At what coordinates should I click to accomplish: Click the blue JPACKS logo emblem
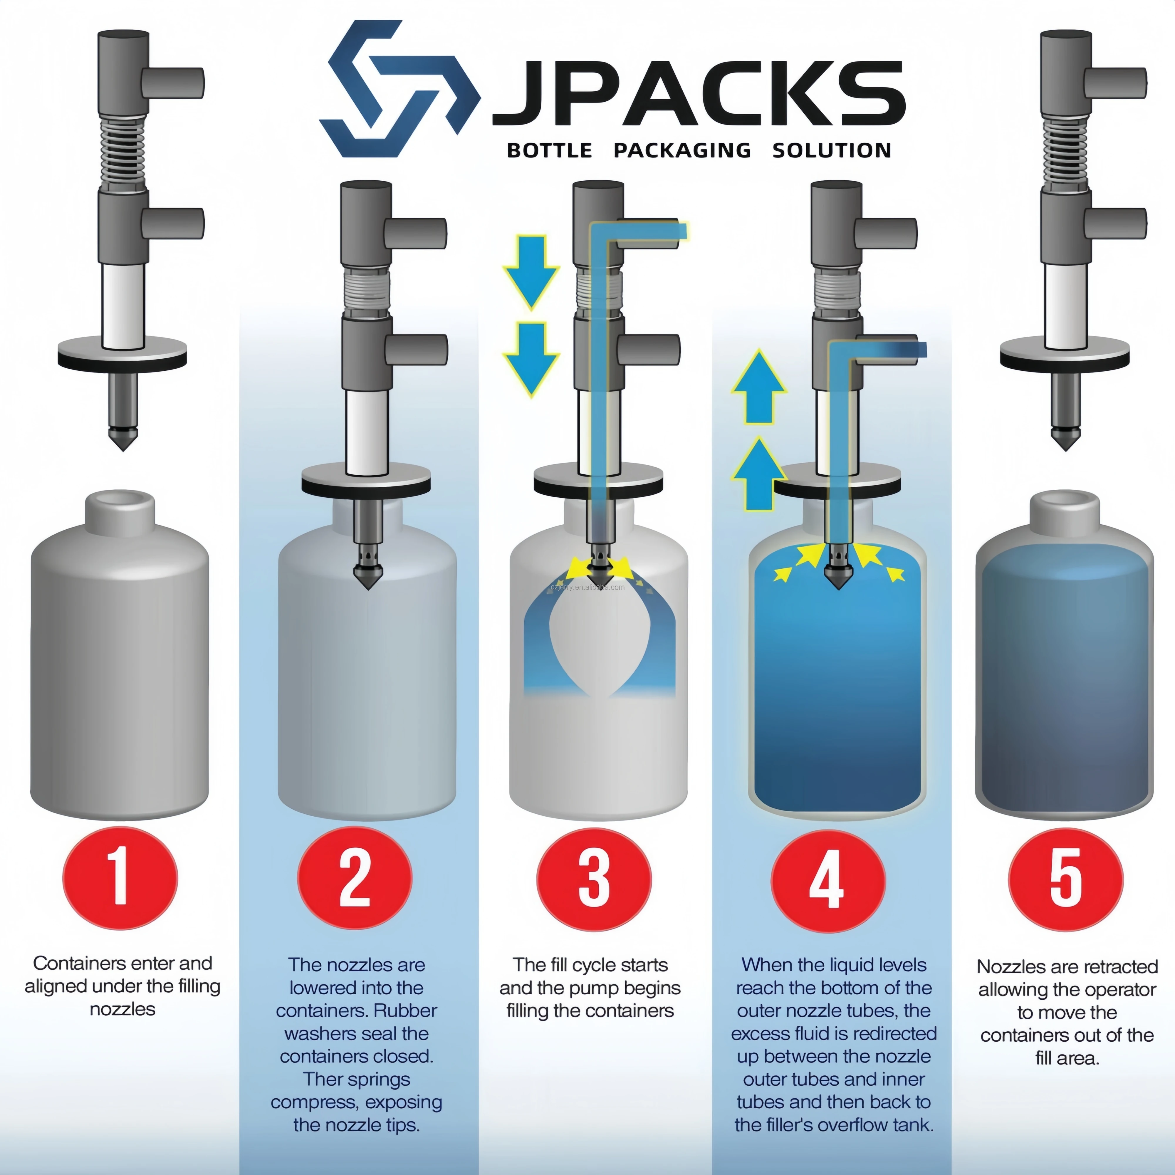click(400, 89)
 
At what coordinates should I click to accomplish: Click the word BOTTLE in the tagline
click(549, 150)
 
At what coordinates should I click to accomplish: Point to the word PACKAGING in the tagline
click(682, 150)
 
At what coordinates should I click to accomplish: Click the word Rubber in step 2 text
click(405, 1010)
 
